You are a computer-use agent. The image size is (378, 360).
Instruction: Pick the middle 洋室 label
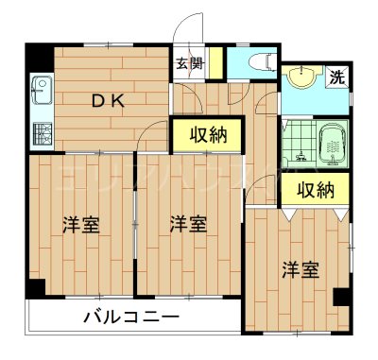(x=188, y=225)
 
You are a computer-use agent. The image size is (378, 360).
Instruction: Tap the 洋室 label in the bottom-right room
(x=300, y=270)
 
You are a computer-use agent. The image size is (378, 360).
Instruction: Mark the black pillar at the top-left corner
(x=38, y=56)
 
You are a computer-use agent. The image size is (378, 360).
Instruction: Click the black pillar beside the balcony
(x=35, y=289)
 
